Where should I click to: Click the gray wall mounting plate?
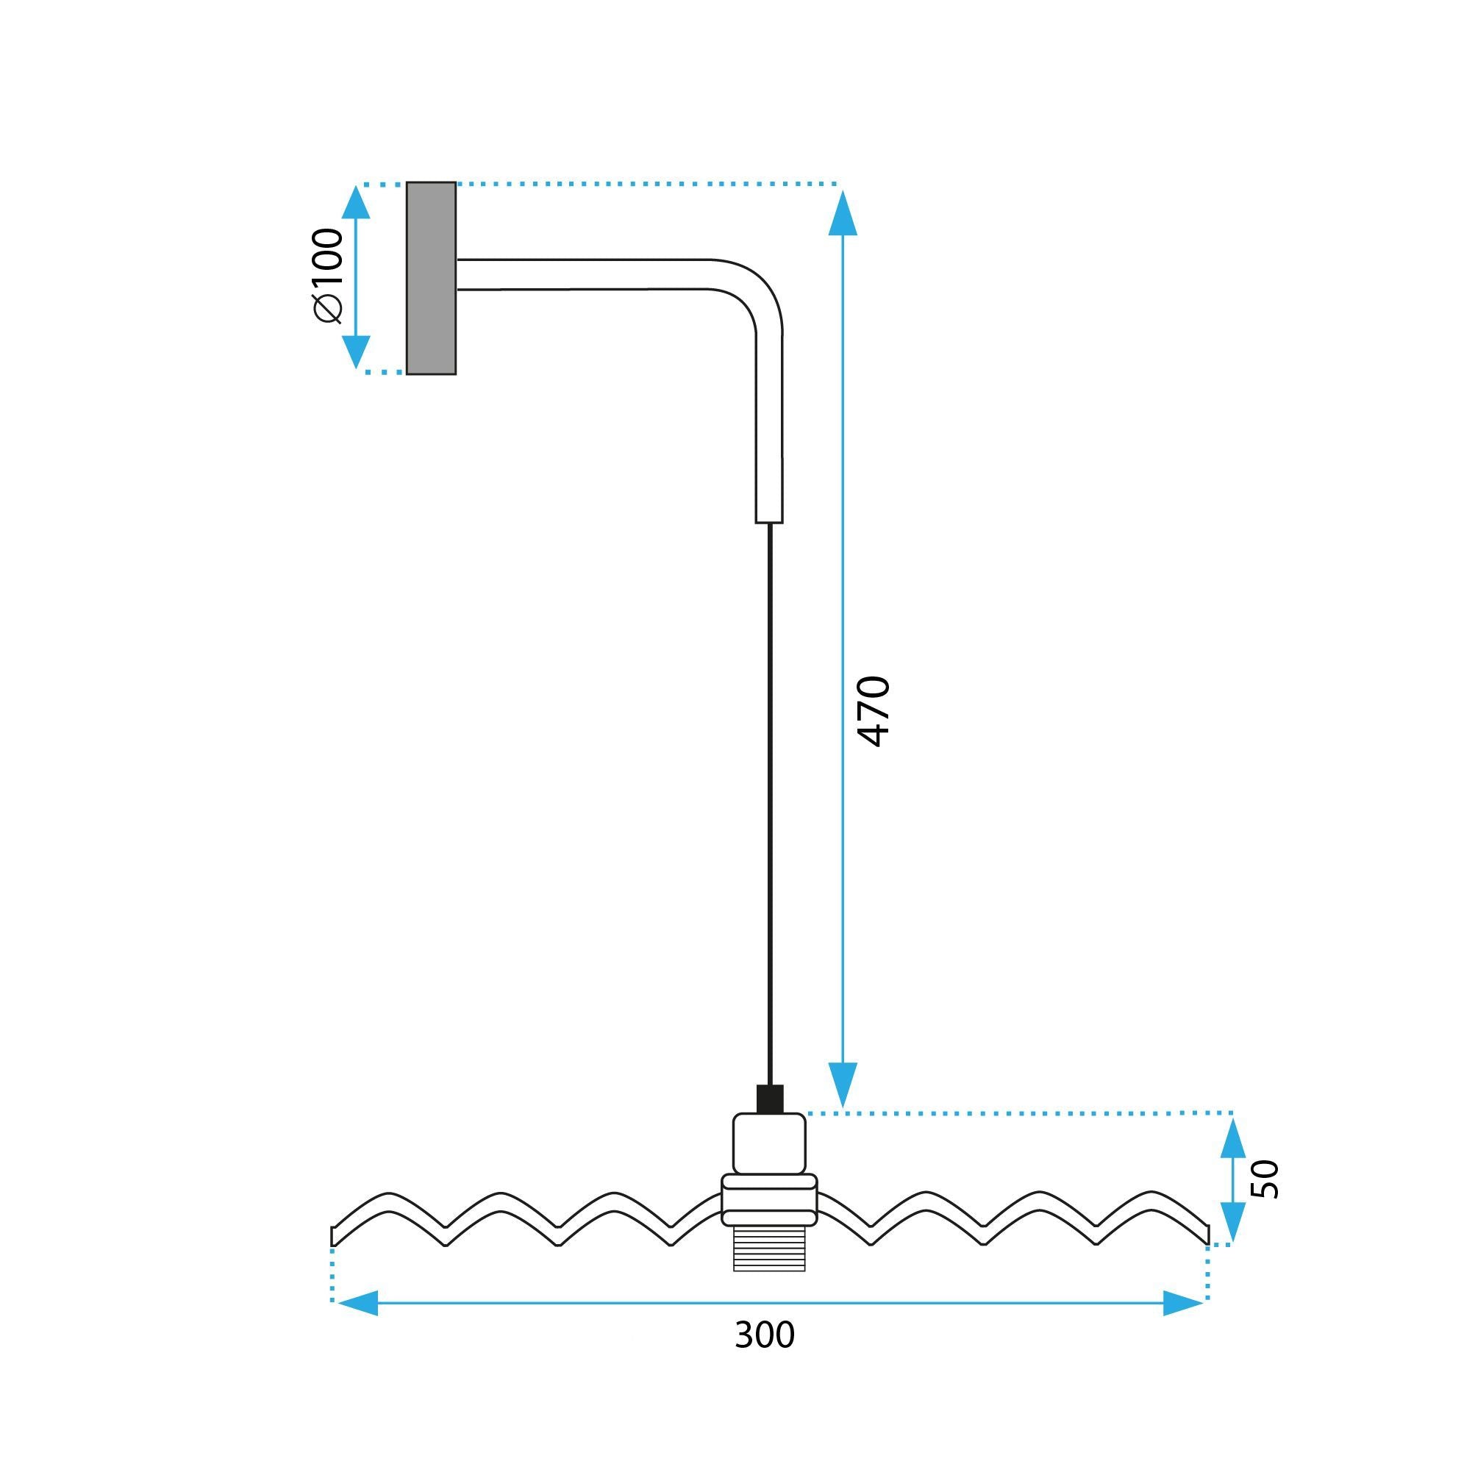tap(431, 278)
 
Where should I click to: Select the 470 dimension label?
tap(874, 711)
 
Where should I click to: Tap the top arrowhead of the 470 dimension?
tap(842, 214)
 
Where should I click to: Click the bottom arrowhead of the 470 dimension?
tap(842, 1084)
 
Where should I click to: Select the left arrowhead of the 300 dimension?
tap(357, 1303)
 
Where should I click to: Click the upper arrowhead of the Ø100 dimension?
tap(356, 203)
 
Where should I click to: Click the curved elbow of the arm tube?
tap(756, 294)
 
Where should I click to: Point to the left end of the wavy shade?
tap(335, 1236)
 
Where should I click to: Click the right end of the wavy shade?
tap(1208, 1235)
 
